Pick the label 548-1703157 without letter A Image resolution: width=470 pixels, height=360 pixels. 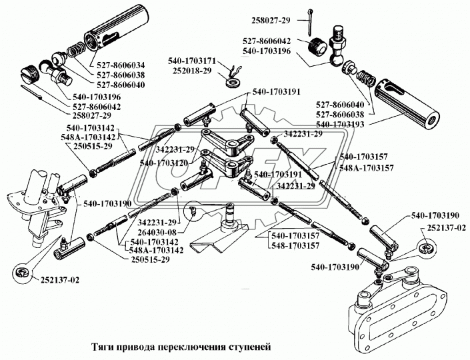(294, 246)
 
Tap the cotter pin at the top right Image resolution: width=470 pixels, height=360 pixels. (312, 23)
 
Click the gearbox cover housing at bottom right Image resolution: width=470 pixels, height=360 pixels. (400, 306)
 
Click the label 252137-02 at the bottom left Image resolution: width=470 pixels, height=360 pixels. (58, 279)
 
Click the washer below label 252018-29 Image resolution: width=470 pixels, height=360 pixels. (233, 83)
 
